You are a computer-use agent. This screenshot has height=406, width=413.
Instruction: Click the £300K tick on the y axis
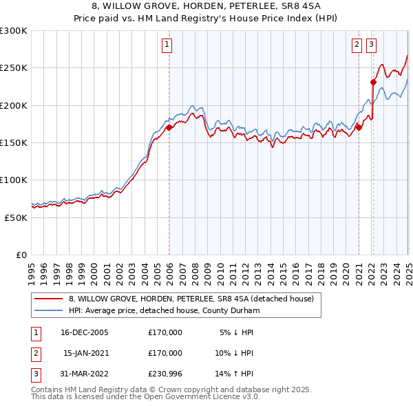14,31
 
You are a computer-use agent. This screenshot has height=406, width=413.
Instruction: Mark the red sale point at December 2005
169,127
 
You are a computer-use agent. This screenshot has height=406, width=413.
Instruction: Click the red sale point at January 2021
359,127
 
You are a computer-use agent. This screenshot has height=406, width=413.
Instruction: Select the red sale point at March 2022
374,82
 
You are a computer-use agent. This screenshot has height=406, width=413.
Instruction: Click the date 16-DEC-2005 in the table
84,332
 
